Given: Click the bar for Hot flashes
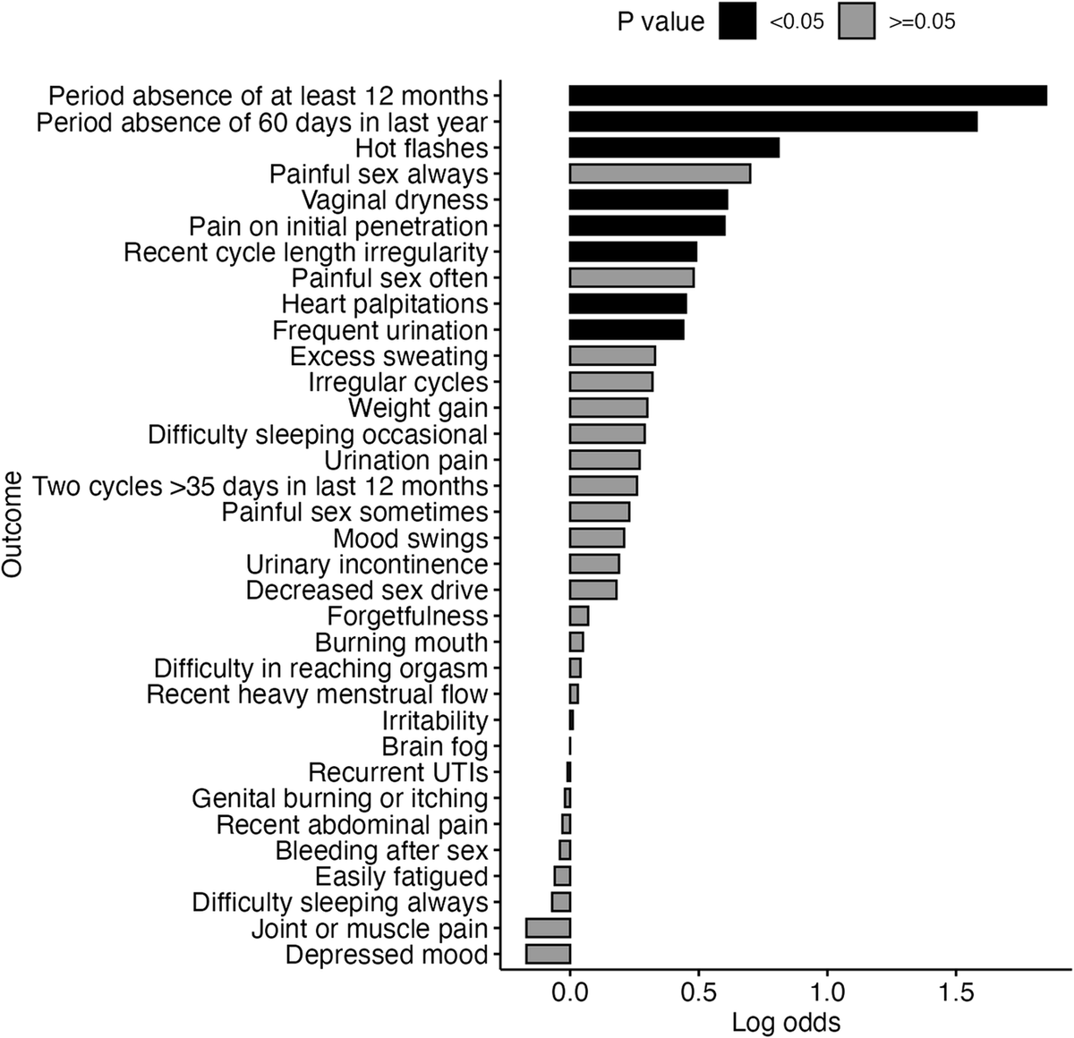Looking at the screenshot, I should [x=674, y=148].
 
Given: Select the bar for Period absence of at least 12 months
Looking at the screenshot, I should [x=807, y=96].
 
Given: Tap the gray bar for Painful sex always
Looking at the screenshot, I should [x=660, y=174].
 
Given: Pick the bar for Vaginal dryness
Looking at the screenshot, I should [x=648, y=200].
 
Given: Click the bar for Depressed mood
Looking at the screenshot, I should [x=548, y=955].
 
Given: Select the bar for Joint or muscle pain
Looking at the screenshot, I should [x=548, y=929].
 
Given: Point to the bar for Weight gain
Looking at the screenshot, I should [x=609, y=408].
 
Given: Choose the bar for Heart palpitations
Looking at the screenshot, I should [x=627, y=304].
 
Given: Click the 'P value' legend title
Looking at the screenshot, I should [x=661, y=22].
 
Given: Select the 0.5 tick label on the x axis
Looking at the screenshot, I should [x=698, y=991].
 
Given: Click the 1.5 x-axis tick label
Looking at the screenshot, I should [x=956, y=991].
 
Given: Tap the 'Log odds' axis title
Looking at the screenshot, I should [x=786, y=1022].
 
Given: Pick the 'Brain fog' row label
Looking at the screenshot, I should [x=435, y=746].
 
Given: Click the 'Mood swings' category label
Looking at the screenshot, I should [x=411, y=539].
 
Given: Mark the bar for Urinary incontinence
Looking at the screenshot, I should [x=594, y=565].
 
